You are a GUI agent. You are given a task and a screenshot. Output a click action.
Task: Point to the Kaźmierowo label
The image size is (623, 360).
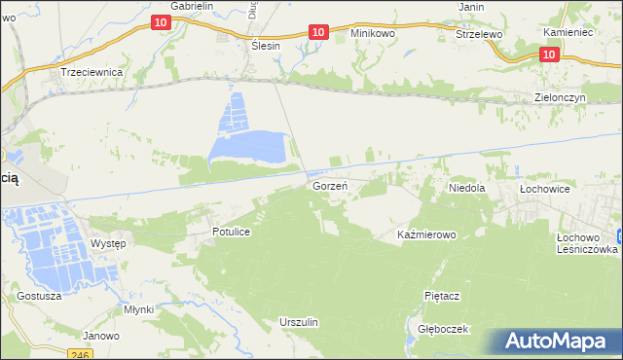click(426, 235)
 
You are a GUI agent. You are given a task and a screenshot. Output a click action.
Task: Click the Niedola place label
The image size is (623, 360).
click(466, 186)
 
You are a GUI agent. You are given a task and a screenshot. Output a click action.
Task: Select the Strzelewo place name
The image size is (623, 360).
click(478, 33)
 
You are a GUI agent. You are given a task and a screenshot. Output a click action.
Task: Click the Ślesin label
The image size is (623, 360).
click(265, 46)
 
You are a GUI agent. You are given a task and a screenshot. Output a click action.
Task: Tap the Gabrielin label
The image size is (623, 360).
click(192, 6)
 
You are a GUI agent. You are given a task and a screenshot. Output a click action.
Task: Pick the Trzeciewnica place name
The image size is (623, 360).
click(91, 72)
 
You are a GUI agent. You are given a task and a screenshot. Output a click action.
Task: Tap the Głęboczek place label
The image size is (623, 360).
click(443, 329)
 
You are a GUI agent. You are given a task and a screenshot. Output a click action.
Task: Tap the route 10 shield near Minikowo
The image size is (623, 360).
click(318, 32)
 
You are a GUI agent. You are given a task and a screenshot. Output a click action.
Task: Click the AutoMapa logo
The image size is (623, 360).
click(556, 341)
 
